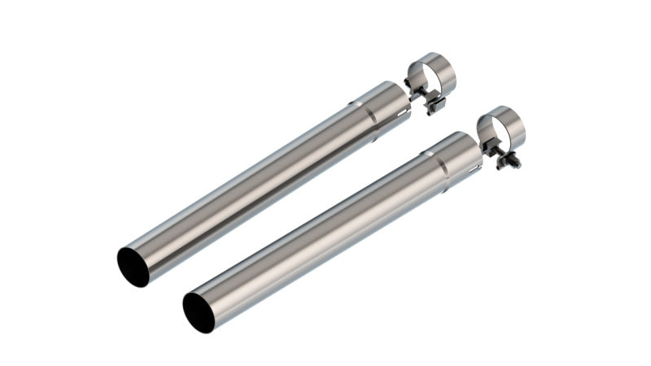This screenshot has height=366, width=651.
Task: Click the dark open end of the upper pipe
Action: pyautogui.click(x=133, y=267)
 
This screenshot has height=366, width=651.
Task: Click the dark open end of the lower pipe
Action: pyautogui.click(x=199, y=312)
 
